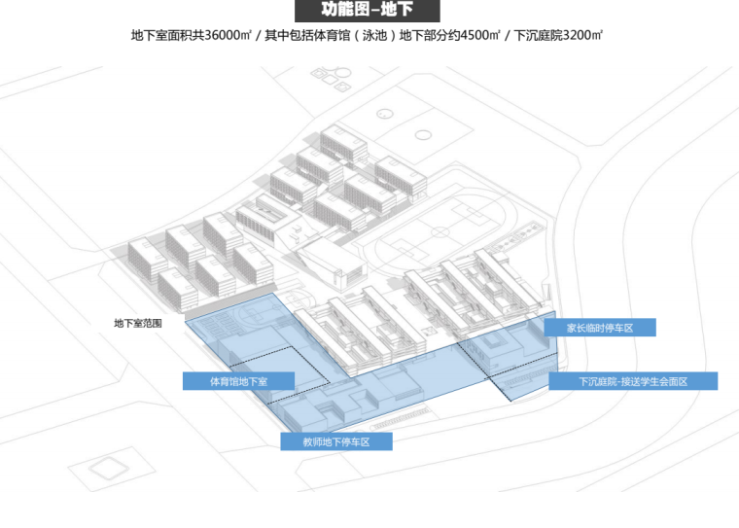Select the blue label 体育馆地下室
tap(238, 380)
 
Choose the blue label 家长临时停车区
tap(600, 328)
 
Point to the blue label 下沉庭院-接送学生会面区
tap(633, 381)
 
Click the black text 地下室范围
tap(137, 323)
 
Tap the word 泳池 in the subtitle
tap(369, 36)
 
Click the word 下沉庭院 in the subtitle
tap(533, 36)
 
